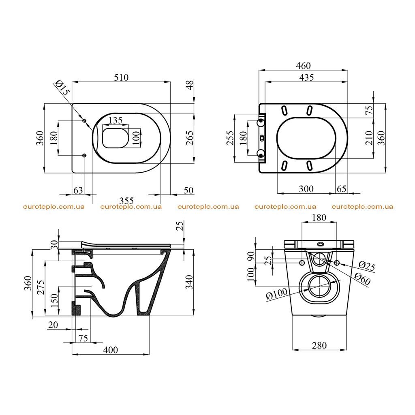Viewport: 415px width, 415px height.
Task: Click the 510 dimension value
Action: (x=121, y=77)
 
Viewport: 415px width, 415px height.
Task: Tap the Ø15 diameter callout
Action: (x=62, y=88)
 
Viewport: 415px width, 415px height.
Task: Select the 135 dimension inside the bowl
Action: (x=116, y=120)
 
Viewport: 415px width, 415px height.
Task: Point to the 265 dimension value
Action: (x=190, y=138)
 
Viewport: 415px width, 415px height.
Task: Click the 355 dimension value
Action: (x=126, y=201)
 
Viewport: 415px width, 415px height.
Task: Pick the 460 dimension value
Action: (x=303, y=66)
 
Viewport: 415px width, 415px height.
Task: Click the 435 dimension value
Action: (x=306, y=77)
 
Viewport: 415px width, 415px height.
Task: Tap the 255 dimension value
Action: (x=230, y=138)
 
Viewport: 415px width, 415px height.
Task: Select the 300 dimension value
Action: (x=306, y=189)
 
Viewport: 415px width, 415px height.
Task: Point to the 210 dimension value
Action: (x=369, y=138)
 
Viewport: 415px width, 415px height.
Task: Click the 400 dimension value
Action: (x=110, y=350)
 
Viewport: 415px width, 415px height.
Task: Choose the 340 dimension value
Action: (x=189, y=282)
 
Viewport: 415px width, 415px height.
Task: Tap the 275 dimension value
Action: (x=41, y=287)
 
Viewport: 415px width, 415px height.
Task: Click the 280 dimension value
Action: (x=319, y=345)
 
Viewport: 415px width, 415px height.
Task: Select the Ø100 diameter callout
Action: (x=276, y=293)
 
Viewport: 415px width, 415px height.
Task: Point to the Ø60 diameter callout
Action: (x=362, y=279)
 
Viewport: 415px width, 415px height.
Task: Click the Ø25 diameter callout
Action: (x=367, y=266)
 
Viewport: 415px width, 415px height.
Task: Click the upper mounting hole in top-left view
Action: (x=84, y=121)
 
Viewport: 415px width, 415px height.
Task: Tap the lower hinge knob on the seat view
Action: (x=261, y=153)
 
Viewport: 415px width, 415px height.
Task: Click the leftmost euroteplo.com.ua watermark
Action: (x=54, y=207)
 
